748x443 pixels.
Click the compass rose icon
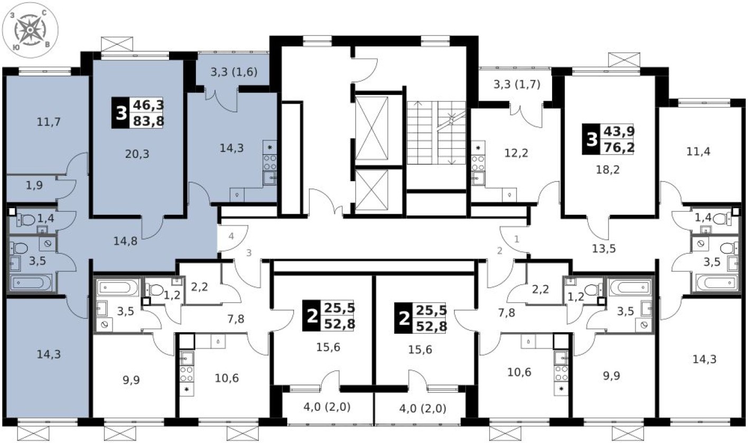click(x=31, y=30)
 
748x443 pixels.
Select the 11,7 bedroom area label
click(x=49, y=122)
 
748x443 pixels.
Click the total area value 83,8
click(x=149, y=120)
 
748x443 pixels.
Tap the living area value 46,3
click(x=149, y=105)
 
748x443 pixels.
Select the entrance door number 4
click(x=231, y=235)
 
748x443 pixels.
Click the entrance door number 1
click(x=517, y=239)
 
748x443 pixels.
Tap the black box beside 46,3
click(x=121, y=113)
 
